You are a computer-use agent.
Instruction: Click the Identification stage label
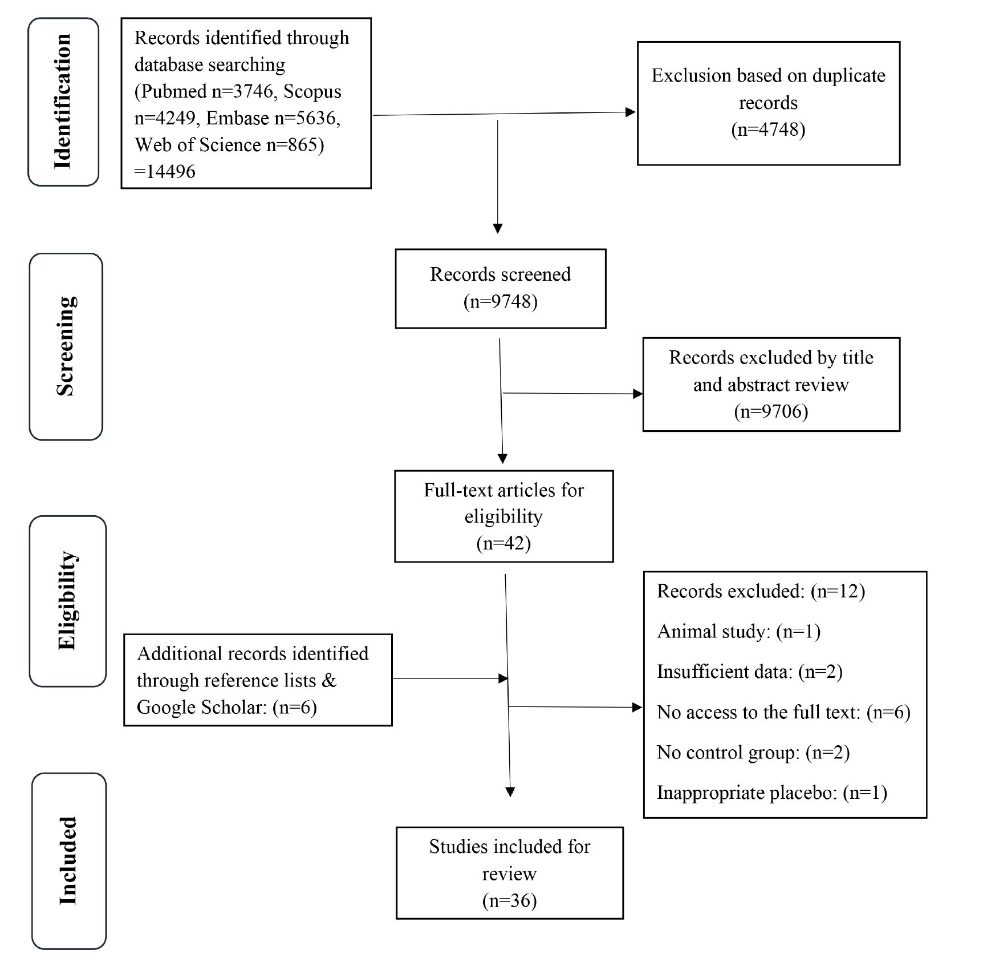point(63,102)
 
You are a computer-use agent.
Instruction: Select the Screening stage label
point(66,346)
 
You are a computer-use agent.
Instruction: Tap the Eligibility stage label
point(67,600)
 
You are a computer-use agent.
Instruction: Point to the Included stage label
point(68,860)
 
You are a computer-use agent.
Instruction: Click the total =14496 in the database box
point(165,171)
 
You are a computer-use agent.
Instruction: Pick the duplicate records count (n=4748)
point(768,130)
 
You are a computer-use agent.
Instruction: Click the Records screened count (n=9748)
point(501,301)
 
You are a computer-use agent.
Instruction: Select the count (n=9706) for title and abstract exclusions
point(771,411)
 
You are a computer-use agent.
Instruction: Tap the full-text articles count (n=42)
point(504,543)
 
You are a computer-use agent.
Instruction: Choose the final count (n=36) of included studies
point(510,901)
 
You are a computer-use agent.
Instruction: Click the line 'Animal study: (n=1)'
point(739,632)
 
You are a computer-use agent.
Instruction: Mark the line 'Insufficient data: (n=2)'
point(750,672)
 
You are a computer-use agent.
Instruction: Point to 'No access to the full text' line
point(783,713)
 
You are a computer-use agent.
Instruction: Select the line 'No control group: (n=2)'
point(753,753)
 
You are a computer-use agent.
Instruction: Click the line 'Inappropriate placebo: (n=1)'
point(772,793)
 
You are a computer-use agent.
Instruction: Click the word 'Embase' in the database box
point(237,118)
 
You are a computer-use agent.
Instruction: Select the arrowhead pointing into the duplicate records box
point(631,112)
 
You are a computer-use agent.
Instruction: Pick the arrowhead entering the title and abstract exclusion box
point(638,394)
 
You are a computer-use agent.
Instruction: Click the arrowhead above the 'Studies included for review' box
point(510,792)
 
